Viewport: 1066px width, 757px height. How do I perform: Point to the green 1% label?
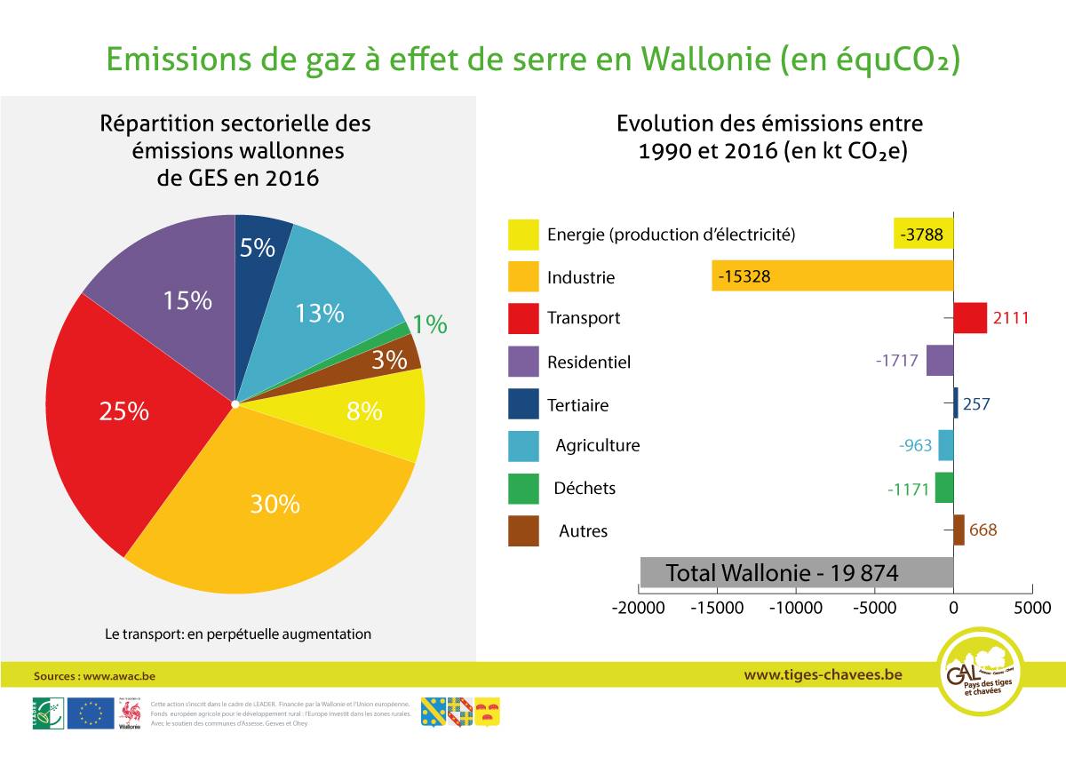coord(430,325)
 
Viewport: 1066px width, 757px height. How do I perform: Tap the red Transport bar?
coord(970,317)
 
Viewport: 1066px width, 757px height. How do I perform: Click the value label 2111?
coord(1011,318)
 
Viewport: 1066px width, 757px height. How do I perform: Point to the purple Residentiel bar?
coord(940,361)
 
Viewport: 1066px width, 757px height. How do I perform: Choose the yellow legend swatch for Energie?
coord(523,235)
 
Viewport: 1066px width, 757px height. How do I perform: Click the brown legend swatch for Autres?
coord(523,531)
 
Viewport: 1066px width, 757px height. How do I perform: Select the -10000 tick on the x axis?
coord(796,609)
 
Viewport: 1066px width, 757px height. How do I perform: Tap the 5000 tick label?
coord(1031,609)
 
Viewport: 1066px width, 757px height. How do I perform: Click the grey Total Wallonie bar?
coord(797,573)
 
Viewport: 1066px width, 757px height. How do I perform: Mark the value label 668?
coord(982,530)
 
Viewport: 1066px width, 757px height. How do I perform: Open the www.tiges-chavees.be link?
coord(823,674)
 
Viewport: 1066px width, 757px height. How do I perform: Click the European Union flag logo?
coord(90,713)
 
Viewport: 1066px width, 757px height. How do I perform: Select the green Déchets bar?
coord(943,488)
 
